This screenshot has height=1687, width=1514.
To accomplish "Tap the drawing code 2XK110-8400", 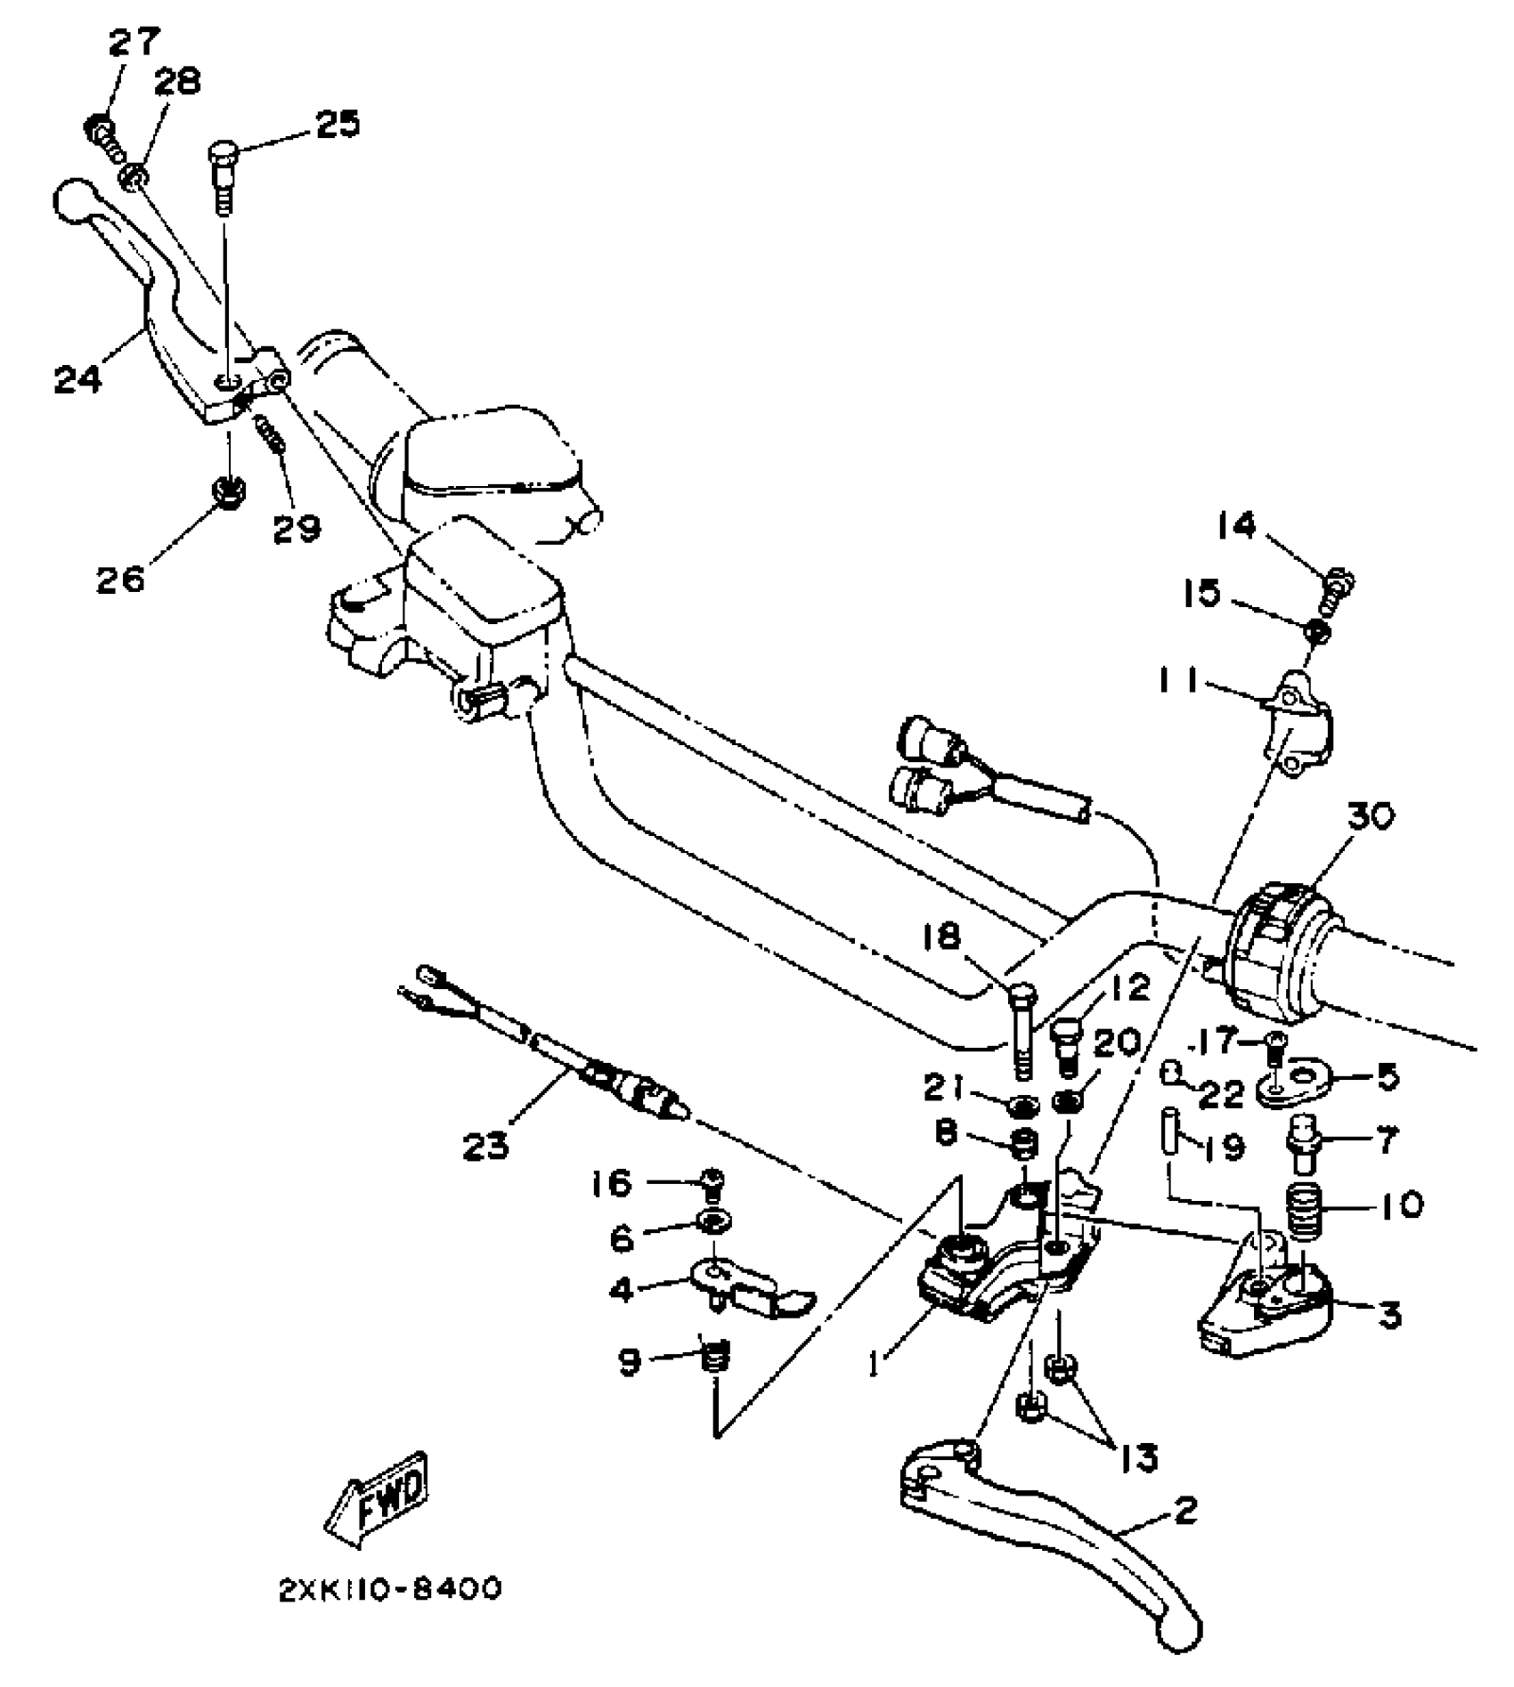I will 389,1589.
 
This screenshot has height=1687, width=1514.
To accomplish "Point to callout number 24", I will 77,378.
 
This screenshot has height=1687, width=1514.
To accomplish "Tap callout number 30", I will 1370,816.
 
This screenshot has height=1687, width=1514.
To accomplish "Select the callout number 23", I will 486,1146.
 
